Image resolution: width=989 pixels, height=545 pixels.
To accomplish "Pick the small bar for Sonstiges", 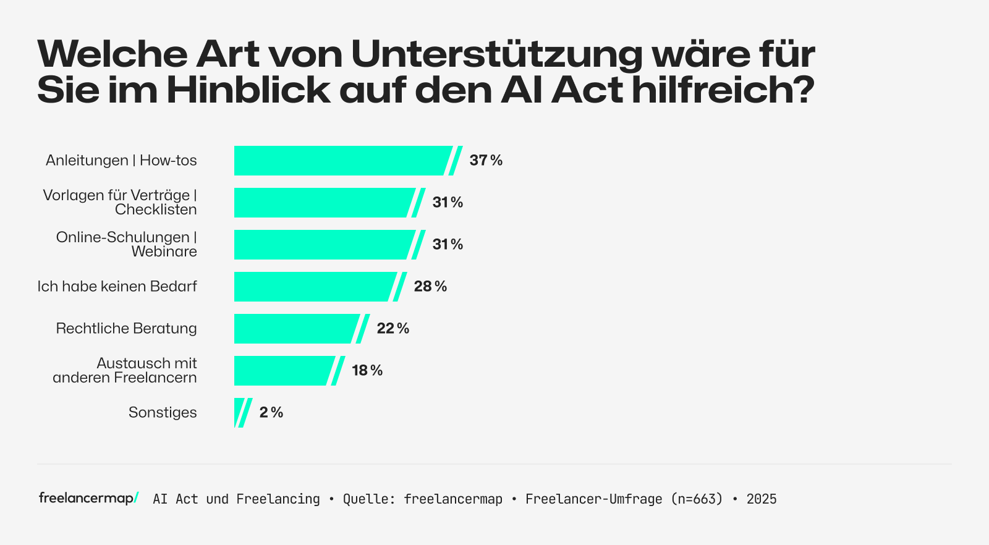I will click(240, 413).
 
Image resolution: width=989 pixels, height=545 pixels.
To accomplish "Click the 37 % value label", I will click(486, 161).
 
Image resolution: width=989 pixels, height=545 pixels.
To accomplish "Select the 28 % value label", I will click(430, 287).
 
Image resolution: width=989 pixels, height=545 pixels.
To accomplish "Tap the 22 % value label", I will click(393, 329).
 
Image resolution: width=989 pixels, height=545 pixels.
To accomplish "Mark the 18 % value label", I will click(367, 371).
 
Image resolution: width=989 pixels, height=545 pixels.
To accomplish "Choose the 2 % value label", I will click(271, 413).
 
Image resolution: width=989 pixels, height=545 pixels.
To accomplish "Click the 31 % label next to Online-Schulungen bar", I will click(448, 245).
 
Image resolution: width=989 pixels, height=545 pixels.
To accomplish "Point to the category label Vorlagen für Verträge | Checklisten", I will click(120, 203).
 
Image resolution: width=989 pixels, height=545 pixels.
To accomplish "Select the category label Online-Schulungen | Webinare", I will click(127, 245).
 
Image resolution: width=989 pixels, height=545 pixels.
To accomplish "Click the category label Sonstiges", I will click(163, 413).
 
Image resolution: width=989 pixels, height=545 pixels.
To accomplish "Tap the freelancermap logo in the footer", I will click(88, 498).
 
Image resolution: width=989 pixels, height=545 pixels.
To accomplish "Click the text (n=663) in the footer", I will click(697, 499).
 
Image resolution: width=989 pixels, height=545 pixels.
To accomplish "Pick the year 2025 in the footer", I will click(762, 499).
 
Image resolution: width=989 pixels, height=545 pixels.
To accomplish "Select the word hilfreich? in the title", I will click(723, 90).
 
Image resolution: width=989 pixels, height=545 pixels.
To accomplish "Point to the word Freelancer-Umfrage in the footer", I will click(593, 499).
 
